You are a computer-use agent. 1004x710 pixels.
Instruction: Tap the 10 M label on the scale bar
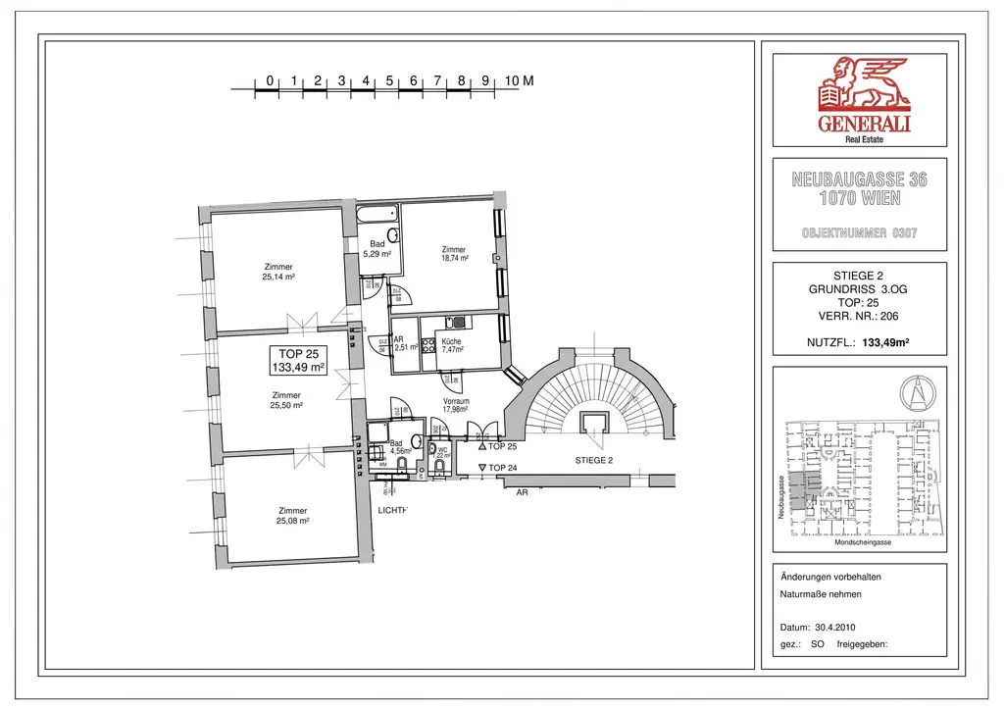tap(520, 80)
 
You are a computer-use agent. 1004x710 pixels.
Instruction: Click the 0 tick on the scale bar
tap(270, 80)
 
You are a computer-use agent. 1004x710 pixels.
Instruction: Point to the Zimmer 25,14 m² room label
tap(278, 272)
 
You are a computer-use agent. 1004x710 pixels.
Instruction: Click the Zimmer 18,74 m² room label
tap(454, 254)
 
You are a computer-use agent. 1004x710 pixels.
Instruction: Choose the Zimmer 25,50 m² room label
tap(286, 400)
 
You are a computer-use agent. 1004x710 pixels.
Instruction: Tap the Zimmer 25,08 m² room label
tap(292, 516)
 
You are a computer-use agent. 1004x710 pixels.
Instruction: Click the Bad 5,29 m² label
tap(377, 249)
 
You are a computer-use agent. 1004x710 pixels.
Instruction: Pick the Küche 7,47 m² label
tap(451, 345)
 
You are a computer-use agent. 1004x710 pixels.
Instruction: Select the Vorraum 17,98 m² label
tap(456, 406)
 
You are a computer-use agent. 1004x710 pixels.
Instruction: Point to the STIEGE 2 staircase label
tap(593, 460)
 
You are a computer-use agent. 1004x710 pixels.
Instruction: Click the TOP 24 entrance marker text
tap(501, 468)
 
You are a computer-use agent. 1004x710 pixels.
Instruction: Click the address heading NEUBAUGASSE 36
tap(859, 180)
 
